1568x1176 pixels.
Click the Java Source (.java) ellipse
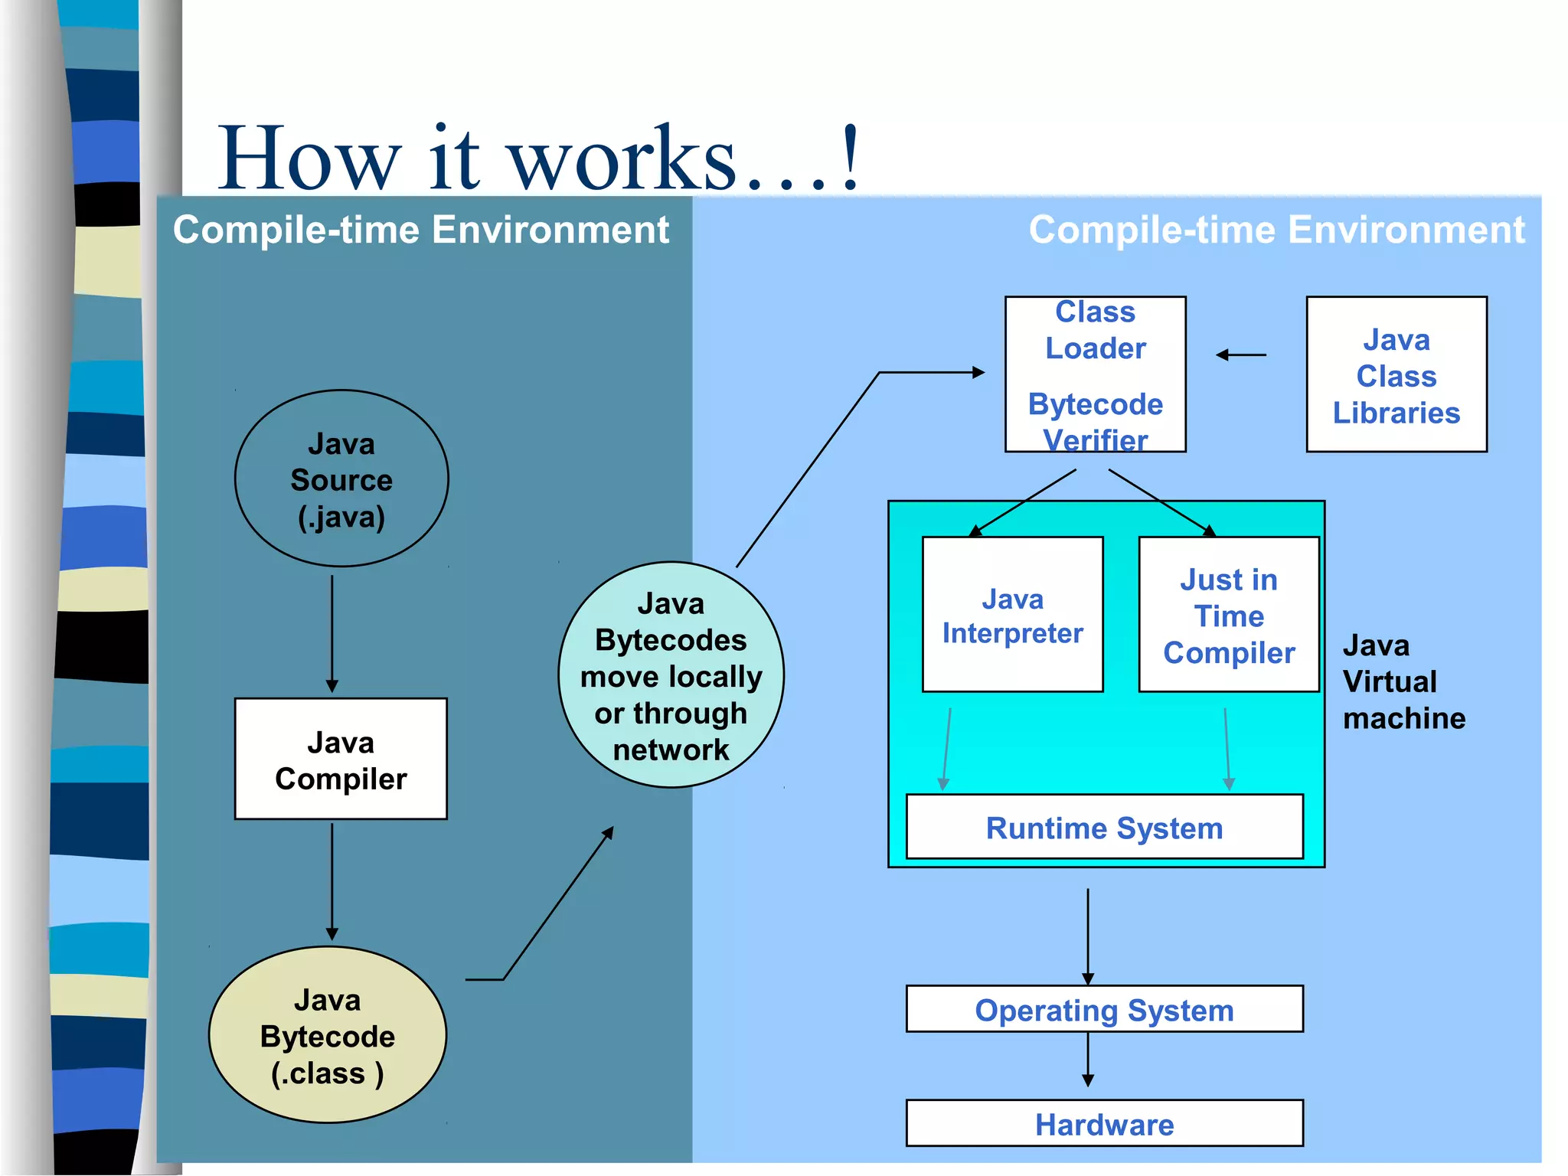coord(341,479)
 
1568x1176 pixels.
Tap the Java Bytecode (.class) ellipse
coord(328,1035)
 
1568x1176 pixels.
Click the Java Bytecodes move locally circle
coord(671,675)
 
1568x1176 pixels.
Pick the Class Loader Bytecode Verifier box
coord(1095,374)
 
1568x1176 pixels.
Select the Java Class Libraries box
coord(1396,374)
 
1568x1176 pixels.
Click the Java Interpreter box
coord(1012,615)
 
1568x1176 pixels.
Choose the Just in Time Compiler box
coord(1228,615)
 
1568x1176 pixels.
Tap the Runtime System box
coord(1104,828)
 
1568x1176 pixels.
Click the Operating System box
coord(1104,1009)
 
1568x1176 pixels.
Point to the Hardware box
coord(1104,1123)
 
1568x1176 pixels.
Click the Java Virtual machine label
coord(1403,681)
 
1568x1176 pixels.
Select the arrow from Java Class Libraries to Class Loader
coord(1240,354)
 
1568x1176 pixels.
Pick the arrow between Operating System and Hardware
coord(1087,1060)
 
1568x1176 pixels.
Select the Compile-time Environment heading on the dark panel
coord(420,230)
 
